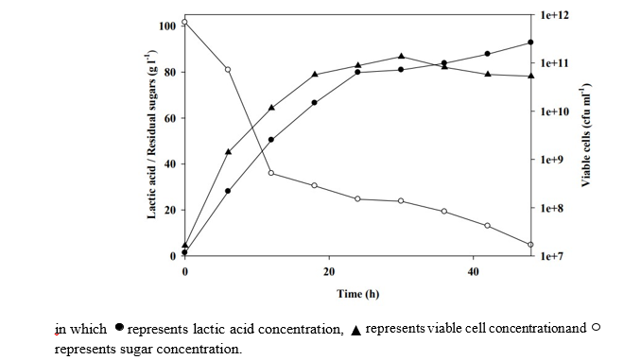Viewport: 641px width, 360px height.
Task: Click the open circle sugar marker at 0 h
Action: (x=184, y=22)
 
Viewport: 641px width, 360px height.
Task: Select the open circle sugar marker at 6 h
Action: (x=228, y=69)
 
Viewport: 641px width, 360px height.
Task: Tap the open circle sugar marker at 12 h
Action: (x=271, y=173)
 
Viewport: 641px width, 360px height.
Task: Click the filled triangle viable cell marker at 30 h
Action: (x=401, y=57)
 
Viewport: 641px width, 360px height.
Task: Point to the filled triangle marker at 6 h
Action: (x=228, y=151)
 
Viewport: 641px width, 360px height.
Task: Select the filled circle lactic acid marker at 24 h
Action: (x=357, y=72)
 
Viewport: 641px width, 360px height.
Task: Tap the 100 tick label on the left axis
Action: (x=167, y=26)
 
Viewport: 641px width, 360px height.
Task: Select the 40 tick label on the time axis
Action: (x=473, y=271)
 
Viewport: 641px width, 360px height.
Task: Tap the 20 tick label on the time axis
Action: (x=329, y=271)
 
